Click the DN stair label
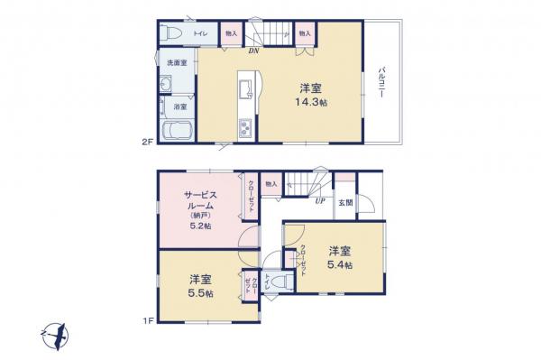[254, 51]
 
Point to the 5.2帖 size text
[200, 226]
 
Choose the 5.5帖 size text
[200, 293]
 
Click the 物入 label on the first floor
[270, 185]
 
